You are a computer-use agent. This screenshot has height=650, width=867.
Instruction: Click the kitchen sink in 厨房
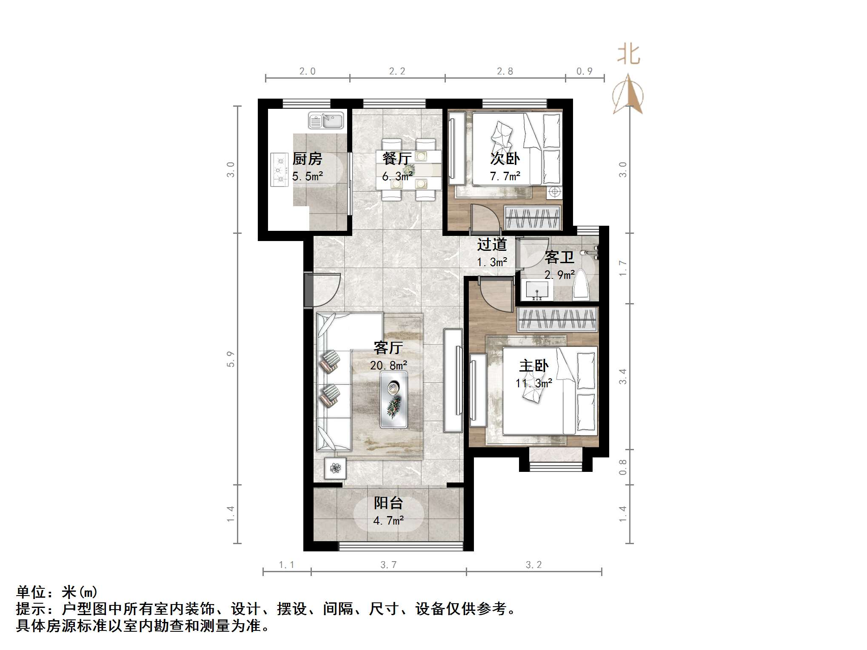[326, 121]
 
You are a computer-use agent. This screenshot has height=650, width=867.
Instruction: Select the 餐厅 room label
[396, 159]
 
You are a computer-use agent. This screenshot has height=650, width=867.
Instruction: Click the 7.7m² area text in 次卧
[505, 176]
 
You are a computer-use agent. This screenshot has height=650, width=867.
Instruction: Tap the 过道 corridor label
[492, 245]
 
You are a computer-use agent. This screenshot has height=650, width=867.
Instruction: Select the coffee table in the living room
[394, 400]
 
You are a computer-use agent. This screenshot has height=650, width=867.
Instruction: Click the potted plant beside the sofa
[335, 468]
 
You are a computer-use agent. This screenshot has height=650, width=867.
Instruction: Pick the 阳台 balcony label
[388, 503]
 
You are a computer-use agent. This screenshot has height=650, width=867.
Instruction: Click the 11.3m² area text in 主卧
[533, 383]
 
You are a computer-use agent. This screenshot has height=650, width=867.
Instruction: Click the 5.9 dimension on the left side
[231, 359]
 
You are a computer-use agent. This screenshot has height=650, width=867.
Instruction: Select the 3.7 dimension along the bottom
[388, 565]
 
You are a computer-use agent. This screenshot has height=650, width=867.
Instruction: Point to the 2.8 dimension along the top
[505, 71]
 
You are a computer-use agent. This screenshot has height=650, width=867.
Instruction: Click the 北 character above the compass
[628, 55]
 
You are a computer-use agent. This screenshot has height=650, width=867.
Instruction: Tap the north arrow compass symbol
[628, 95]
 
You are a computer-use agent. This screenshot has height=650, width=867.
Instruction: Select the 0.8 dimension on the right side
[622, 467]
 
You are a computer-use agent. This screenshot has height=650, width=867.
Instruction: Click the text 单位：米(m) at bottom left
[57, 592]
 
